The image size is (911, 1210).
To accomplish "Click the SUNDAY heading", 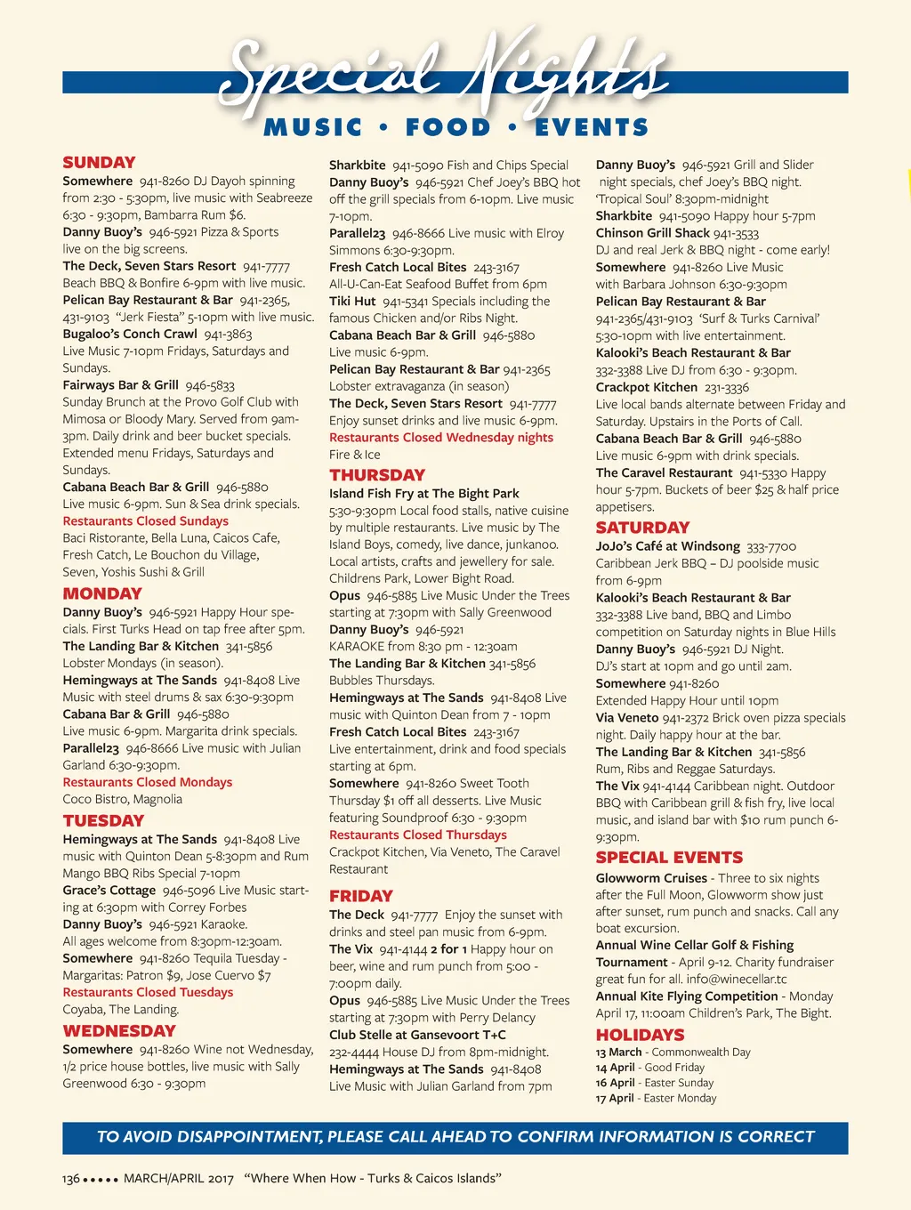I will pos(99,163).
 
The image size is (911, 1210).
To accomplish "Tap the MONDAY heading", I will pos(102,594).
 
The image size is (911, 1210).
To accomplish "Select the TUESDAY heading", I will pos(103,821).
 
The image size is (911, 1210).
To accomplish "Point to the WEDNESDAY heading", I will pos(119,1031).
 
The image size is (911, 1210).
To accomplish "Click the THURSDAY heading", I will pos(377,475).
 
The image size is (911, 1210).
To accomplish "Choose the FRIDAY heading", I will pos(361,897).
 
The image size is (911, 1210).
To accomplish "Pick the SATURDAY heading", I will pos(642,528).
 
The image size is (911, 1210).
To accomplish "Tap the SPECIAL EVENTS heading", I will pos(669,858).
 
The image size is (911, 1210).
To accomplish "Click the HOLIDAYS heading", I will pos(640,1036).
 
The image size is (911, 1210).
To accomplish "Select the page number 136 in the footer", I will pos(71,1179).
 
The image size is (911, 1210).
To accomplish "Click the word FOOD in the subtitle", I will pos(447,128).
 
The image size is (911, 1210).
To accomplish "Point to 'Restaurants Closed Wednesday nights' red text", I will pos(441,438).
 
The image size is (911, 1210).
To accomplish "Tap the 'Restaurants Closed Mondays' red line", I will pos(147,782).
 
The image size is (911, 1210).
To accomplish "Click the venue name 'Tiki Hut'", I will pos(352,302).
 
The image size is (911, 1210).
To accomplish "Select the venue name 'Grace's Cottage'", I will pos(109,891).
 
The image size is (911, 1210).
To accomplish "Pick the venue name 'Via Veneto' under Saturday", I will pos(626,718).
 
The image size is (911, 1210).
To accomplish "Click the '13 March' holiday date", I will pos(618,1053).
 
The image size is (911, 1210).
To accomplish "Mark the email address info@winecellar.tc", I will pos(737,980).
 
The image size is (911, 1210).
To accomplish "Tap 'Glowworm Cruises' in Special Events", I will pos(651,878).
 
